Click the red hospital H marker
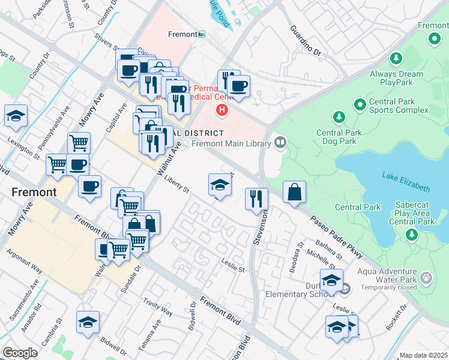pyautogui.click(x=223, y=110)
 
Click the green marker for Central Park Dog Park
pyautogui.click(x=339, y=116)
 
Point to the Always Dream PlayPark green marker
pyautogui.click(x=396, y=59)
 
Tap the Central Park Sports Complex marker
pyautogui.click(x=360, y=105)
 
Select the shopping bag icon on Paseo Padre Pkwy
pyautogui.click(x=294, y=193)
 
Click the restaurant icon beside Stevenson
pyautogui.click(x=257, y=198)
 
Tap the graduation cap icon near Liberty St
pyautogui.click(x=220, y=185)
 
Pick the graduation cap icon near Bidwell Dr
pyautogui.click(x=88, y=322)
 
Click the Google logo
pyautogui.click(x=20, y=353)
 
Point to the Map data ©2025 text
pyautogui.click(x=423, y=355)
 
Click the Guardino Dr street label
pyautogui.click(x=306, y=41)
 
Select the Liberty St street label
pyautogui.click(x=176, y=185)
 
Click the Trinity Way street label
pyautogui.click(x=158, y=309)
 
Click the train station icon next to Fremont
pyautogui.click(x=202, y=34)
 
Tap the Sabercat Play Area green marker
pyautogui.click(x=411, y=233)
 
